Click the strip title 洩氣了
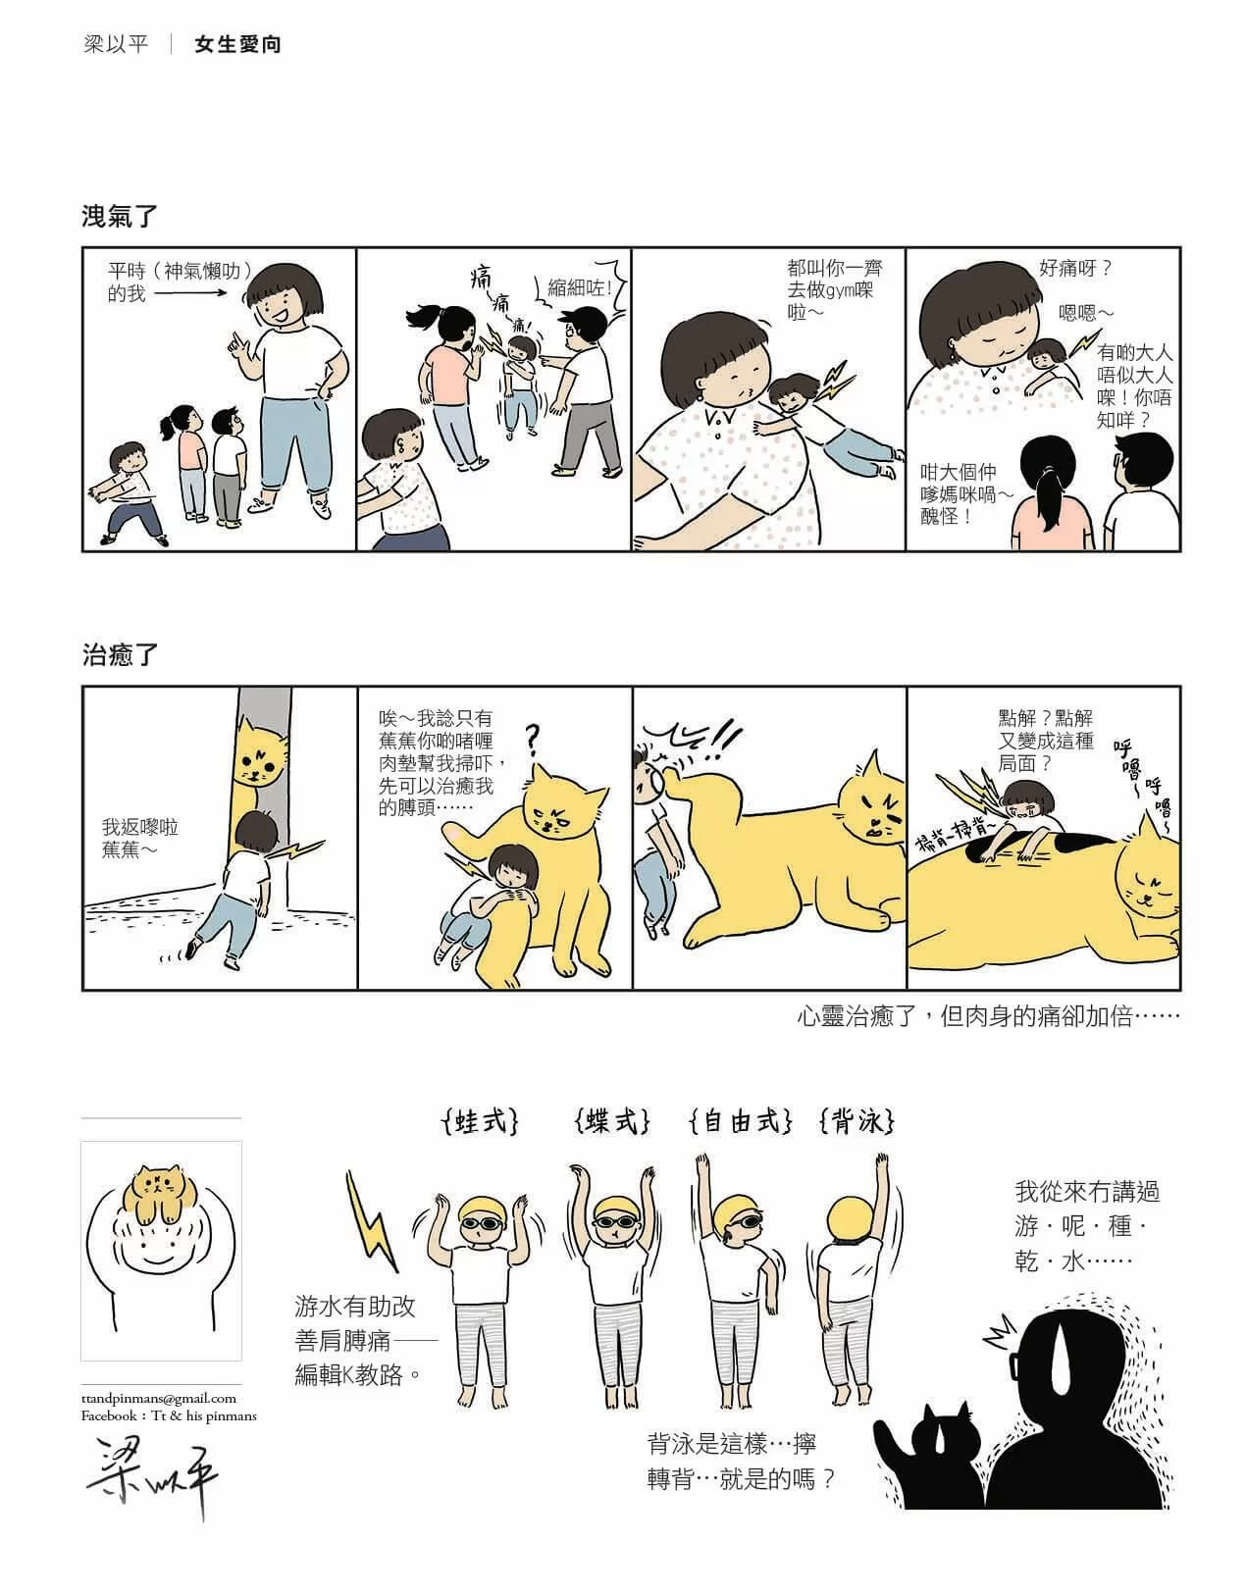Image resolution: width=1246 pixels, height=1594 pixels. tap(119, 217)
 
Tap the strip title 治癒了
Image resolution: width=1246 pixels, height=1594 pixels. tap(119, 653)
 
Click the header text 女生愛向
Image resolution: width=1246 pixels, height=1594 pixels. tap(236, 45)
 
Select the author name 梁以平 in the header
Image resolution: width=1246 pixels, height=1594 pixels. tap(116, 45)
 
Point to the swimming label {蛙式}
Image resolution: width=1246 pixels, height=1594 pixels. tap(481, 1122)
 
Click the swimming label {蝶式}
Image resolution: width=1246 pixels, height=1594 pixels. tap(611, 1122)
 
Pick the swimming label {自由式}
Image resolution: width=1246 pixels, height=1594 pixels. tap(741, 1122)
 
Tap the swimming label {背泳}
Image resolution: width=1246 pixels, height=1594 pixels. tap(857, 1122)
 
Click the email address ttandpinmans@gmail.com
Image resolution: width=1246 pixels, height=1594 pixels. tap(158, 1399)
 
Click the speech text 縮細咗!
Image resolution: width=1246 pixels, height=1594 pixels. tap(579, 287)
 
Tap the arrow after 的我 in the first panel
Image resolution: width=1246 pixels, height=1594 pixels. tap(190, 293)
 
